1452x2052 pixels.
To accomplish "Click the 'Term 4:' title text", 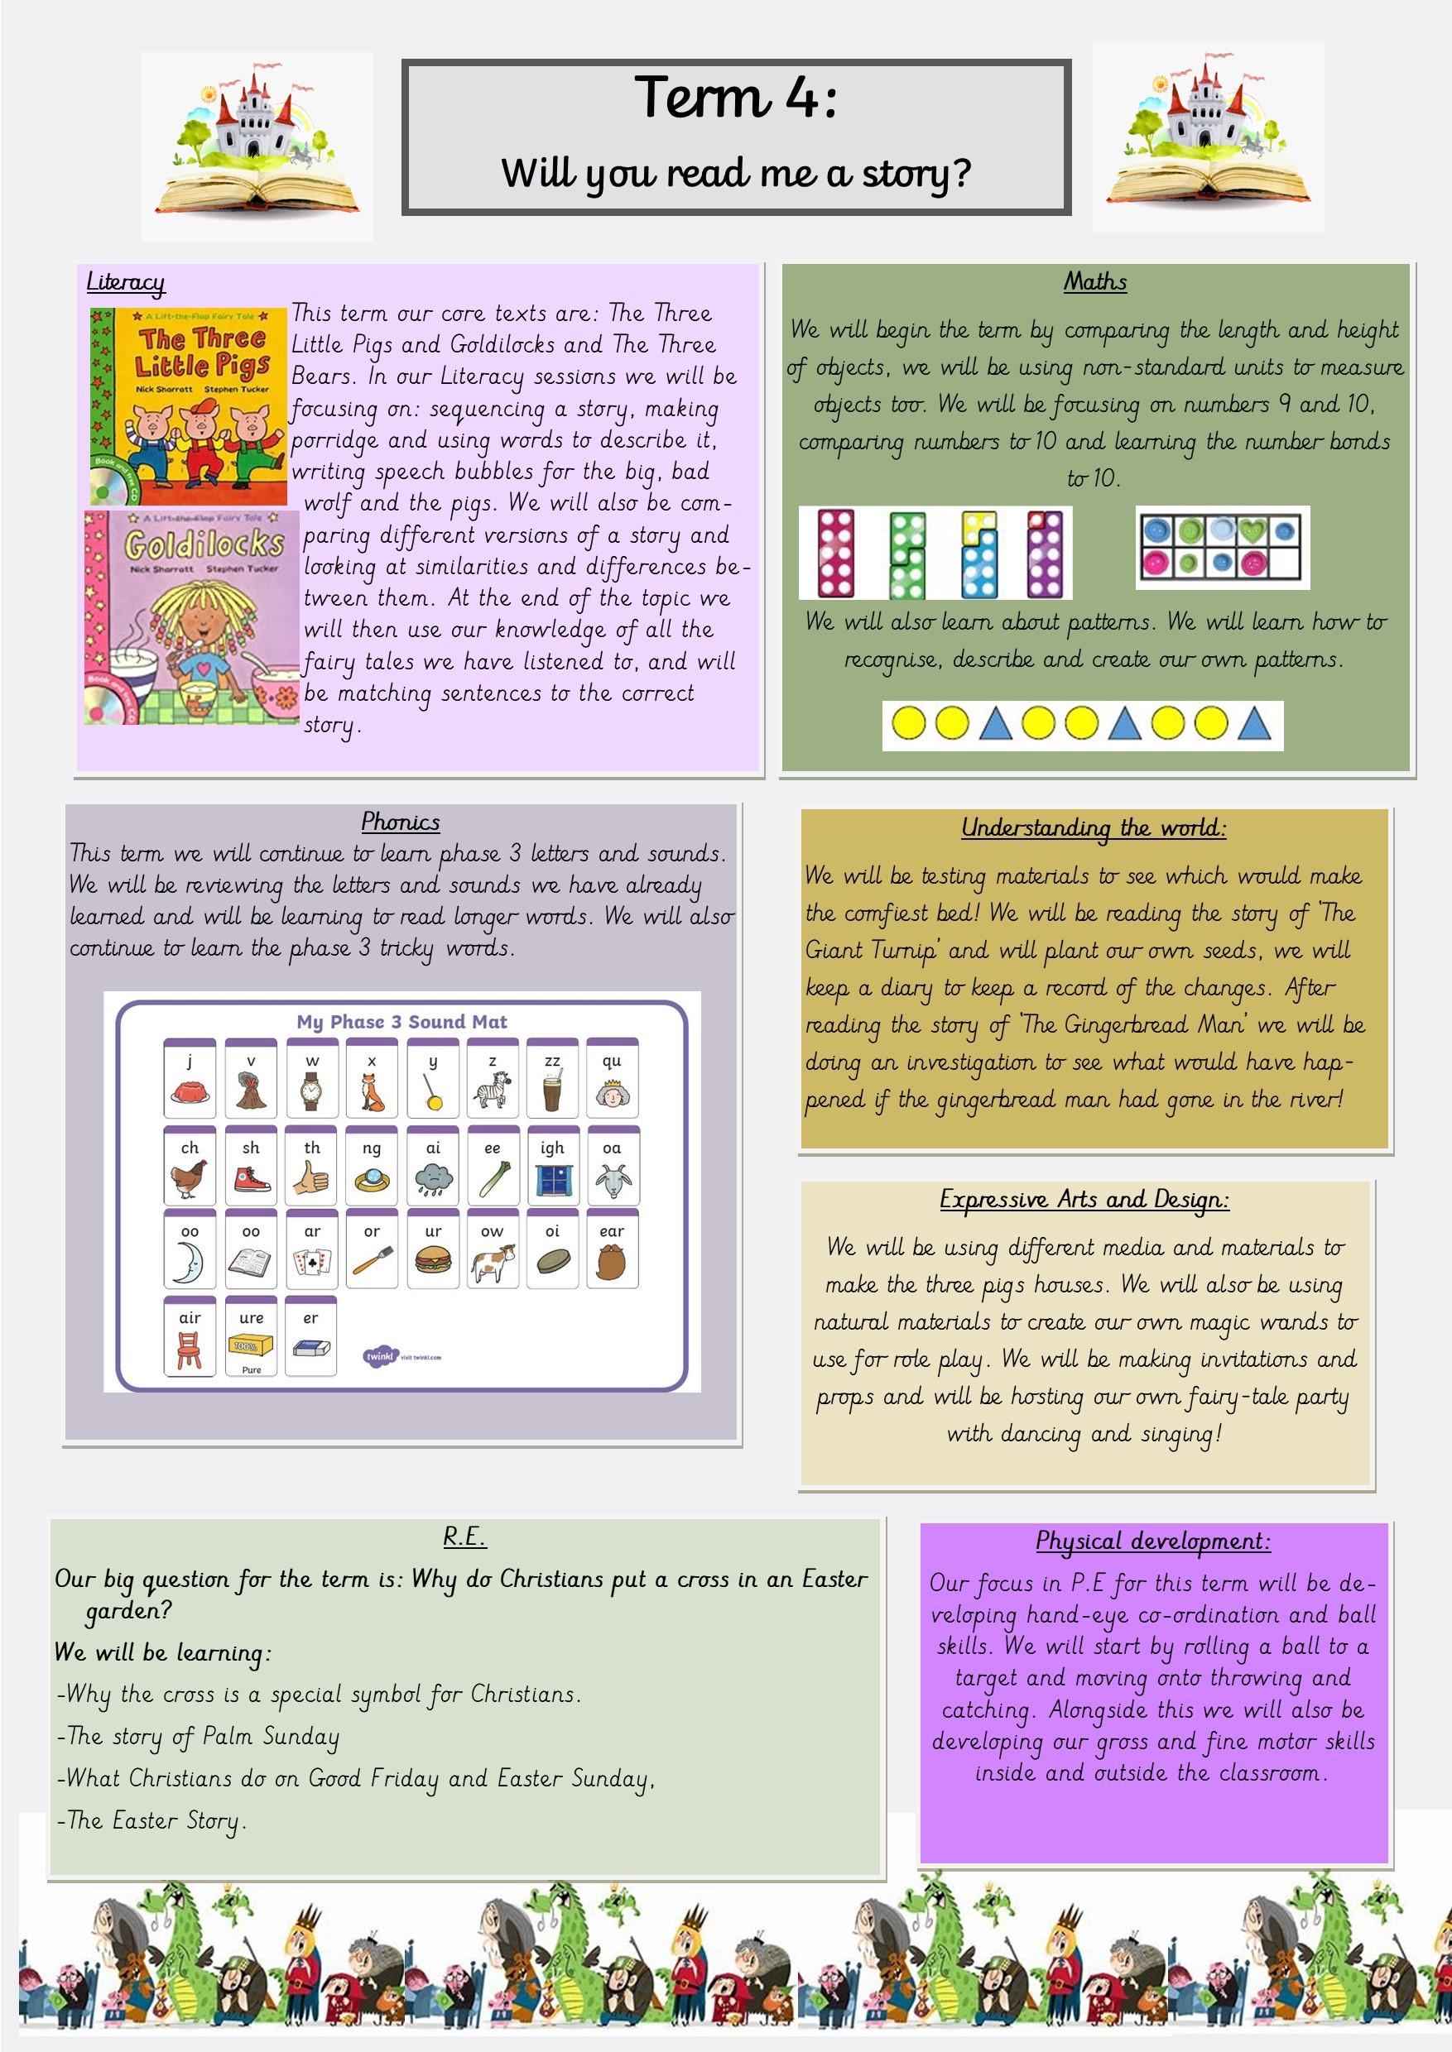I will pyautogui.click(x=735, y=98).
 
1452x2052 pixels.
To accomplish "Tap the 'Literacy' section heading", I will pyautogui.click(x=125, y=282).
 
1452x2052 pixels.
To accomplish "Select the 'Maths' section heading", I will pyautogui.click(x=1094, y=282).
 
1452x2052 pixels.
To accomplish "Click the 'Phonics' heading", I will pyautogui.click(x=401, y=822).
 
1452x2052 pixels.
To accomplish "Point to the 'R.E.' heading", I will pyautogui.click(x=464, y=1537).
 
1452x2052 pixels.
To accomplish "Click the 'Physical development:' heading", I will pyautogui.click(x=1152, y=1541).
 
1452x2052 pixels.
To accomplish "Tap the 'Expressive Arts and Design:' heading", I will pyautogui.click(x=1084, y=1200).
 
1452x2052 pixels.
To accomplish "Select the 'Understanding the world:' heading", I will pyautogui.click(x=1094, y=827).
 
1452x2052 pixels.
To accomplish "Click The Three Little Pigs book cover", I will pyautogui.click(x=189, y=406).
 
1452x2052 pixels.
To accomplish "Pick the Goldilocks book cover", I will pyautogui.click(x=192, y=616).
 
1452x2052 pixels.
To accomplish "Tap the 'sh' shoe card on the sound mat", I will pyautogui.click(x=251, y=1167).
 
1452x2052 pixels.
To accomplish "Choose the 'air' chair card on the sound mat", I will pyautogui.click(x=190, y=1337).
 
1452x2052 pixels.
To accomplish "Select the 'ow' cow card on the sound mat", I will pyautogui.click(x=493, y=1250).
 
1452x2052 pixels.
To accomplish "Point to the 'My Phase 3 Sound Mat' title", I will pyautogui.click(x=401, y=1022).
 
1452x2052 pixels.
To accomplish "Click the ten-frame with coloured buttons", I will pyautogui.click(x=1222, y=548).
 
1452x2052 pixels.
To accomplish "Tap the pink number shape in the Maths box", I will pyautogui.click(x=836, y=554).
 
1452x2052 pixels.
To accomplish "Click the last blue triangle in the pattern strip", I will pyautogui.click(x=1253, y=725).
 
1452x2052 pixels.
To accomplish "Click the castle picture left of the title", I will pyautogui.click(x=257, y=146).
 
